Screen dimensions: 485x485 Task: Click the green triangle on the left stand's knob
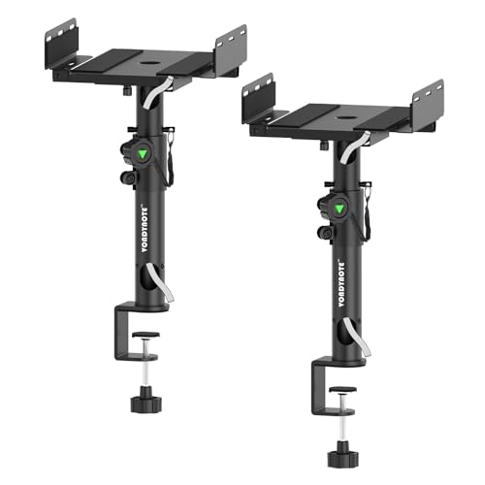(143, 154)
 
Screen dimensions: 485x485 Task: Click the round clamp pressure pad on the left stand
(146, 337)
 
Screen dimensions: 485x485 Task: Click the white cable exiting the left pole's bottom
(165, 291)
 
